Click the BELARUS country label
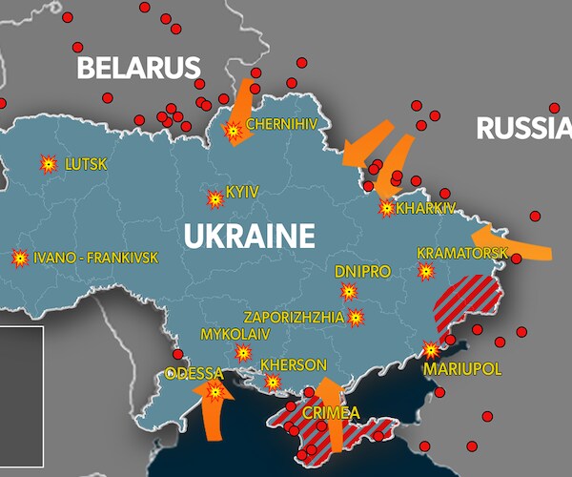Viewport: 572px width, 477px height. click(x=138, y=68)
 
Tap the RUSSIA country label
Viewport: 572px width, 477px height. click(x=523, y=127)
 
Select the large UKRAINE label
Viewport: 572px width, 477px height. click(x=249, y=236)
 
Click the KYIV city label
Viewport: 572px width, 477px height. click(x=242, y=192)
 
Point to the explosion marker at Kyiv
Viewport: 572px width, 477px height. click(x=215, y=199)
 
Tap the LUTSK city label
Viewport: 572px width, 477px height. click(x=86, y=164)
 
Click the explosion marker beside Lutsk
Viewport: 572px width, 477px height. click(x=48, y=164)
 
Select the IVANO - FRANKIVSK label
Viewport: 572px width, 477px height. click(x=95, y=258)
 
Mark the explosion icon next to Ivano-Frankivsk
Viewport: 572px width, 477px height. click(x=19, y=259)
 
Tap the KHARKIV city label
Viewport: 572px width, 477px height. click(x=426, y=207)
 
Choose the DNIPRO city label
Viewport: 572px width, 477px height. click(x=362, y=272)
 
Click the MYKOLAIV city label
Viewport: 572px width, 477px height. click(x=235, y=334)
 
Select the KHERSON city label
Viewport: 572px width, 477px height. click(x=293, y=365)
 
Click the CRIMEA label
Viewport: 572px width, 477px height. click(x=331, y=413)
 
